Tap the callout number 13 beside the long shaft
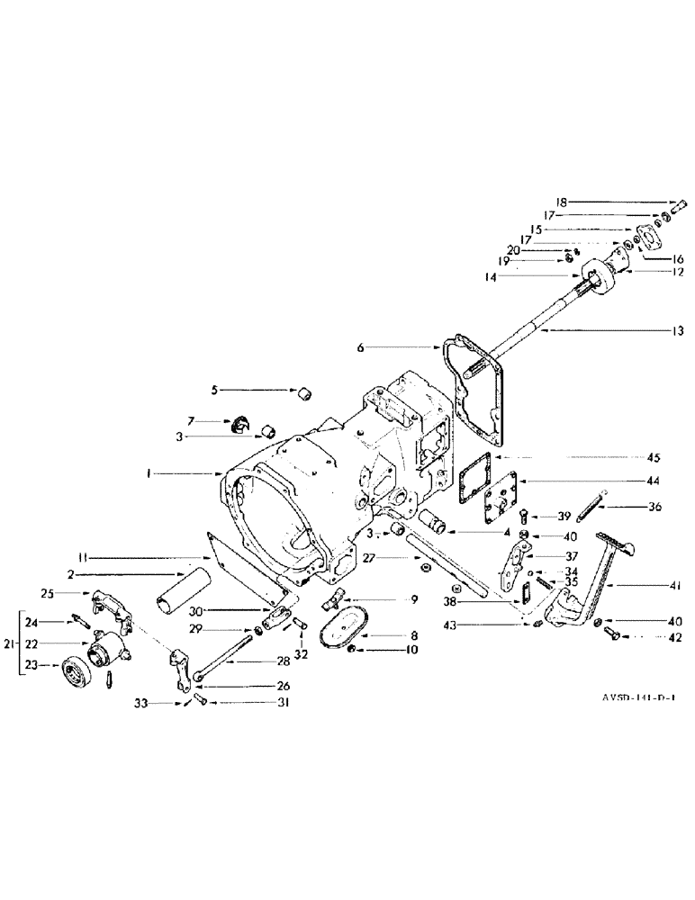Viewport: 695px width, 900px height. [x=677, y=329]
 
